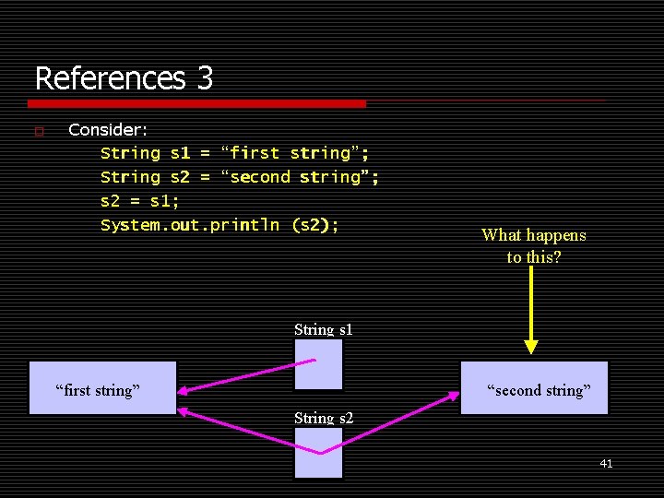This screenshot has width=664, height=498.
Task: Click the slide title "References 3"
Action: pos(124,77)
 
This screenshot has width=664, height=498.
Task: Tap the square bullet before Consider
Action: pos(38,131)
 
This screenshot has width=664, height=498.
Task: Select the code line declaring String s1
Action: pos(234,153)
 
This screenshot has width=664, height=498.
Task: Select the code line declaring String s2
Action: pos(239,177)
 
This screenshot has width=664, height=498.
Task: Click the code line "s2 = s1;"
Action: pos(139,201)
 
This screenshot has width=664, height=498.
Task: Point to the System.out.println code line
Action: pos(219,225)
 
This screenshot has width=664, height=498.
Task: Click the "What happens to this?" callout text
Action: pos(534,245)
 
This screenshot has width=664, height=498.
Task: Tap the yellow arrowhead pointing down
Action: pos(531,347)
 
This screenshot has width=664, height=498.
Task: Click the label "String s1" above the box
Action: pos(324,329)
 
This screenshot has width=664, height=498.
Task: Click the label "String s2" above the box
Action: pos(324,418)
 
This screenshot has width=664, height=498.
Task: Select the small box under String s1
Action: pos(318,364)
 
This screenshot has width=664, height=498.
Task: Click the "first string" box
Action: pos(102,388)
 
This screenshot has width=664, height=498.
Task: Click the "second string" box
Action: pos(535,388)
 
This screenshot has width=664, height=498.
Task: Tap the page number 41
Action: pos(606,464)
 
